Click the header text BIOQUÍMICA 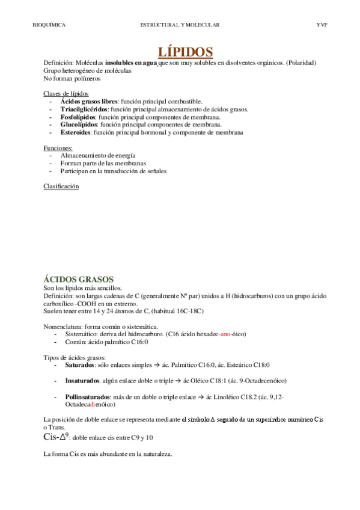click(x=49, y=25)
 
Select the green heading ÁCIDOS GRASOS click(x=79, y=279)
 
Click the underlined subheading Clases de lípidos click(x=66, y=93)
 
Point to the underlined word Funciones click(x=58, y=147)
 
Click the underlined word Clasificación click(x=61, y=186)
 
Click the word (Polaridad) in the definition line click(x=302, y=63)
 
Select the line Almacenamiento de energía click(x=98, y=155)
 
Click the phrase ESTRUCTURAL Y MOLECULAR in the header click(x=180, y=25)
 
